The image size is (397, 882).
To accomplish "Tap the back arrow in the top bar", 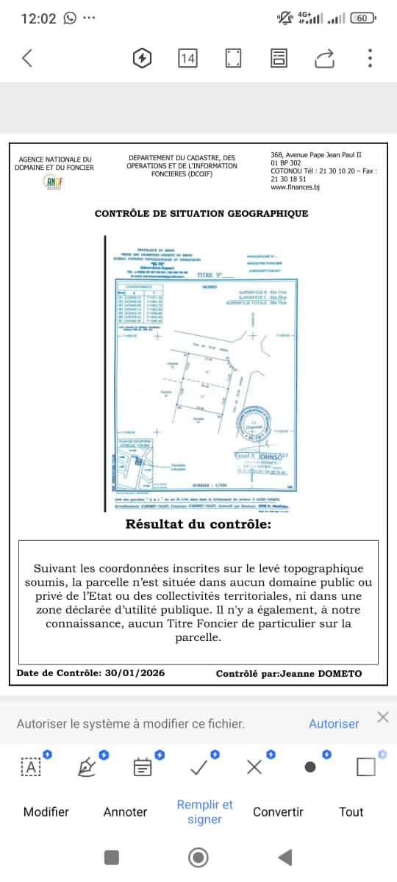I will pyautogui.click(x=27, y=58).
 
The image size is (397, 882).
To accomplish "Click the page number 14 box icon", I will pyautogui.click(x=187, y=58).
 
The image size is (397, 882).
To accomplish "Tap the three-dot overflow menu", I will pyautogui.click(x=370, y=58).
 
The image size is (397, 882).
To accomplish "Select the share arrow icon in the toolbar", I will pyautogui.click(x=324, y=58).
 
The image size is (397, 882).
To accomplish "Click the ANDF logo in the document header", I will pyautogui.click(x=54, y=181).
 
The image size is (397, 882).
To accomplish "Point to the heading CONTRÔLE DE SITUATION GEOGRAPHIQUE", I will pyautogui.click(x=201, y=214).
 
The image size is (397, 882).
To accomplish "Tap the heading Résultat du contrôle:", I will pyautogui.click(x=198, y=525).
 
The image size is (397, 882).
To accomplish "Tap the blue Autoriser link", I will pyautogui.click(x=334, y=723).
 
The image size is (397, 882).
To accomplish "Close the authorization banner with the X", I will pyautogui.click(x=382, y=717).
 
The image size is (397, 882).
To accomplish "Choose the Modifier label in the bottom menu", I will pyautogui.click(x=46, y=811).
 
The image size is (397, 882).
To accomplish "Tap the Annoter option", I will pyautogui.click(x=125, y=811).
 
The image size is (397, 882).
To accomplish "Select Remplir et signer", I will pyautogui.click(x=204, y=811).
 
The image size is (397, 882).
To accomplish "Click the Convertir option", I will pyautogui.click(x=278, y=811).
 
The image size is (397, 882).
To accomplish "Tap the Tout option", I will pyautogui.click(x=351, y=811).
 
